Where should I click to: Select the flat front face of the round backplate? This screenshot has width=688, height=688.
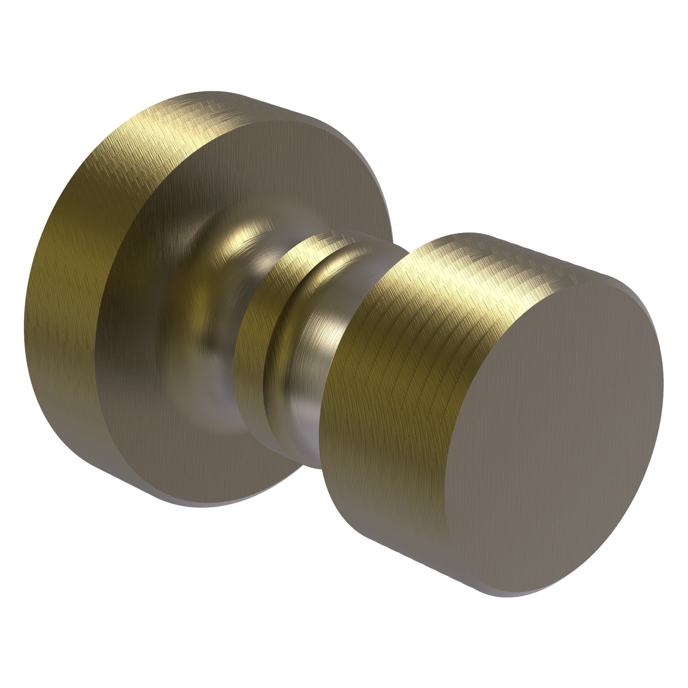(x=150, y=321)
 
